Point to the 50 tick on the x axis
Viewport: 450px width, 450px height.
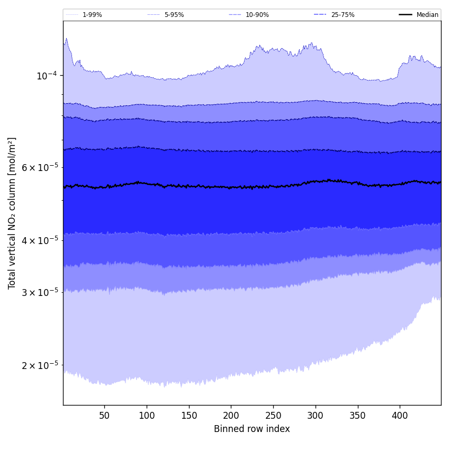pyautogui.click(x=104, y=416)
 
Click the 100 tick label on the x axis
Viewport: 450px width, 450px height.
pyautogui.click(x=147, y=416)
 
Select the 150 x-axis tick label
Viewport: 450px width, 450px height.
pyautogui.click(x=189, y=416)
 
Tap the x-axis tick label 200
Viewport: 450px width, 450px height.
pyautogui.click(x=231, y=416)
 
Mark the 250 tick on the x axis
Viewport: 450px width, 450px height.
pyautogui.click(x=273, y=416)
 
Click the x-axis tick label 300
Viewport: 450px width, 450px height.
pyautogui.click(x=316, y=416)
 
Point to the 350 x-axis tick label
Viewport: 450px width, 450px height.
pyautogui.click(x=358, y=416)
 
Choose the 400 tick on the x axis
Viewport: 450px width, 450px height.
pyautogui.click(x=400, y=416)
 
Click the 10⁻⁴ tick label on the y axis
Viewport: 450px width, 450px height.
pyautogui.click(x=47, y=76)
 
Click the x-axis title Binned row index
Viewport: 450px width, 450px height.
pyautogui.click(x=252, y=429)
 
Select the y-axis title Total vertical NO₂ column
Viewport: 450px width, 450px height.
pyautogui.click(x=12, y=213)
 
